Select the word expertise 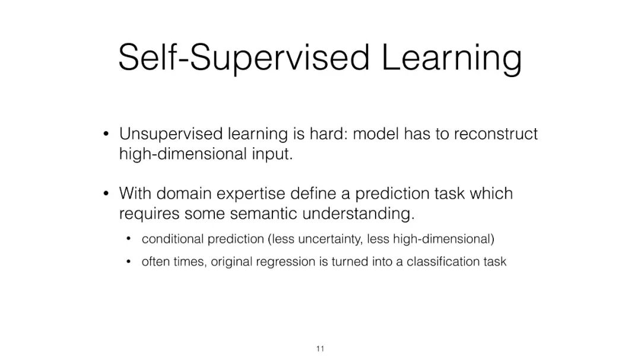click(250, 194)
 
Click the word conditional click(173, 239)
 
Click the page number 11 click(320, 349)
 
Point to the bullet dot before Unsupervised click(106, 133)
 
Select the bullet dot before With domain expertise click(106, 193)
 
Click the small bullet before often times click(128, 262)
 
